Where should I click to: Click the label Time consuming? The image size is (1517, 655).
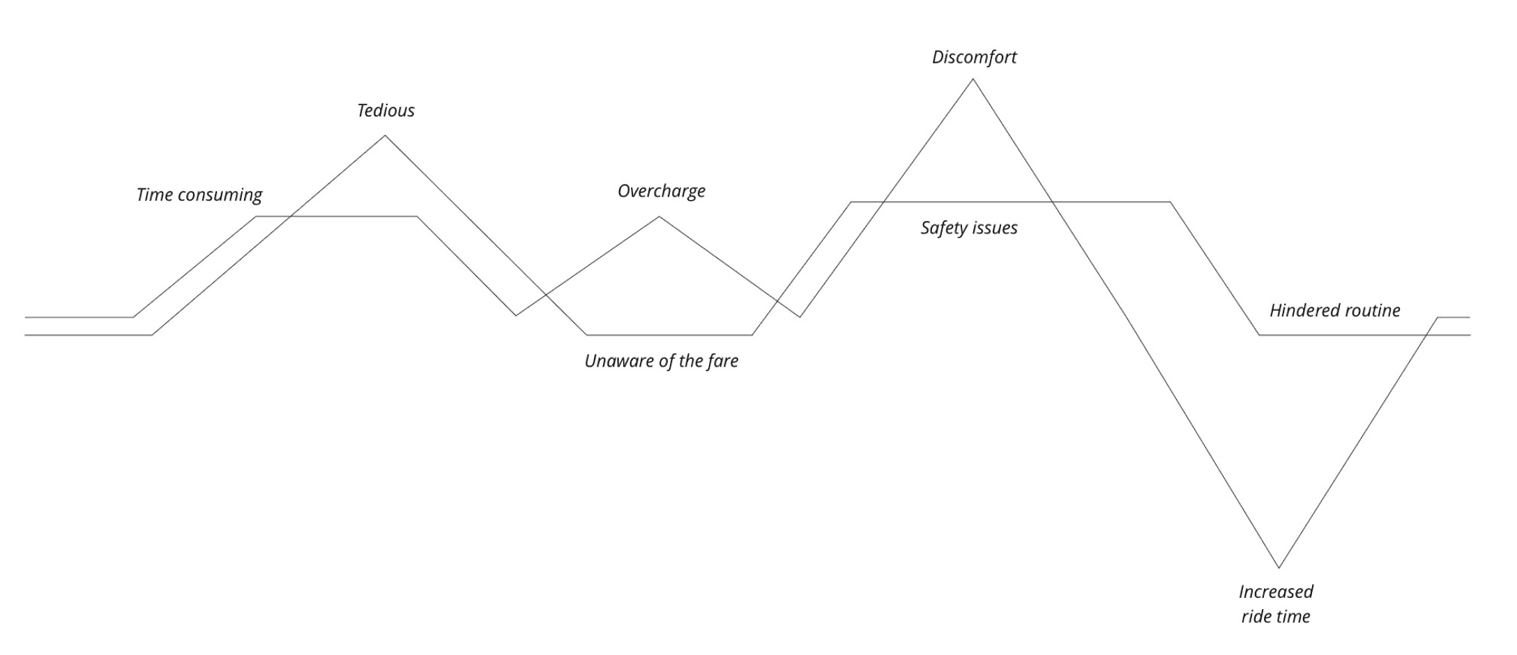[x=199, y=194]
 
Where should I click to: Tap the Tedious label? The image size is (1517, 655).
[x=386, y=110]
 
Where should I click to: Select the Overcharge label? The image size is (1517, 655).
[x=661, y=191]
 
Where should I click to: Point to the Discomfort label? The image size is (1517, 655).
[x=974, y=57]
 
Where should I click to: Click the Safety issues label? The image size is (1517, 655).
[x=968, y=228]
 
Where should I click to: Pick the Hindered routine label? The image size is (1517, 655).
[x=1334, y=310]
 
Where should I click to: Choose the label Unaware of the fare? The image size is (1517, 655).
[x=661, y=361]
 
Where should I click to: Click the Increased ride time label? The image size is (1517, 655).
[x=1276, y=603]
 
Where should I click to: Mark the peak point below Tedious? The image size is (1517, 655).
[x=385, y=135]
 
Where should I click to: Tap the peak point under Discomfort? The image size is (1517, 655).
[x=973, y=79]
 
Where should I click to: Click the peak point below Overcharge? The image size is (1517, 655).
[x=660, y=217]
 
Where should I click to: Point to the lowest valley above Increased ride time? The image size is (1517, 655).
[x=1279, y=567]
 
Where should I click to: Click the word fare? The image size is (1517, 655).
[x=723, y=361]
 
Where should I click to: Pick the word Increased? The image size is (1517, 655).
[x=1276, y=592]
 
